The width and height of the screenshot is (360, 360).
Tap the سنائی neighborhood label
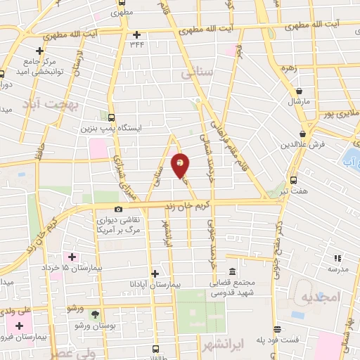point(196,72)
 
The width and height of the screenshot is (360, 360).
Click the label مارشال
point(298,102)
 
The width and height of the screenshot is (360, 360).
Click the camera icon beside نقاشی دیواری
point(118,209)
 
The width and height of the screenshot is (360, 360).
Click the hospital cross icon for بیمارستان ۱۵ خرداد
point(72,257)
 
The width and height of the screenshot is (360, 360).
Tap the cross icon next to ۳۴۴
point(137,34)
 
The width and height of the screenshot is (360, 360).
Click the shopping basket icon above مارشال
point(300,91)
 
